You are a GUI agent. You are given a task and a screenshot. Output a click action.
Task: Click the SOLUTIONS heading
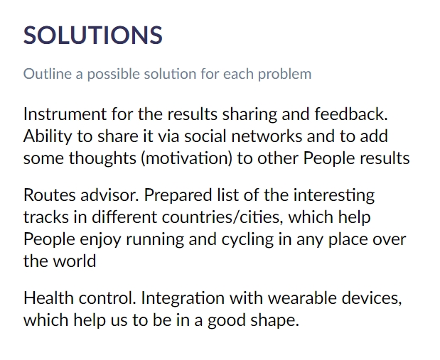point(93,35)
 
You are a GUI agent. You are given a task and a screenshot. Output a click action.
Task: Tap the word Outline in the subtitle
point(48,74)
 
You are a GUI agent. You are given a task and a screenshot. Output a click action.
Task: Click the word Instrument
point(65,114)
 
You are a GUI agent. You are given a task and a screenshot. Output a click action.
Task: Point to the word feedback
point(351,114)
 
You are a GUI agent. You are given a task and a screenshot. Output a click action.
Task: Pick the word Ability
point(48,137)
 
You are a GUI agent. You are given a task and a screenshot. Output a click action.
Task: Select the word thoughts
point(102,159)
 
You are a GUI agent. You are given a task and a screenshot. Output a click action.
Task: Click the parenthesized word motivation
point(187,158)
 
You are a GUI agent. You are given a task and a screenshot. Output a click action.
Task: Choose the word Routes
point(49,195)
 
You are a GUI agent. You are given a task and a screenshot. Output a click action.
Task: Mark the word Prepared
point(178,196)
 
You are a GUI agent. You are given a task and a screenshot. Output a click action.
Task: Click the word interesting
point(334,196)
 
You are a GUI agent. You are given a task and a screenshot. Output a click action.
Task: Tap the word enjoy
point(100,240)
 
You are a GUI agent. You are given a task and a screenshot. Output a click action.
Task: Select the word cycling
point(247,240)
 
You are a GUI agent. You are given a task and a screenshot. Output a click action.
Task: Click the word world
point(75,261)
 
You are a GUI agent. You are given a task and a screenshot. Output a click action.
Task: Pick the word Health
point(48,298)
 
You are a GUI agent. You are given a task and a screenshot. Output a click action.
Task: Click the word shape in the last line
point(274,321)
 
